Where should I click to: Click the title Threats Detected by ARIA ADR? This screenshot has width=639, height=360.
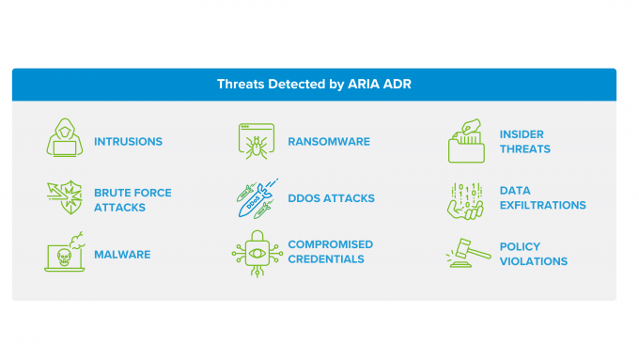coord(314,85)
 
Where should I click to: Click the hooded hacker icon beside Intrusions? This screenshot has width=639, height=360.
coord(64,139)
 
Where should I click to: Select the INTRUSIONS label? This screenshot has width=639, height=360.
coord(128,142)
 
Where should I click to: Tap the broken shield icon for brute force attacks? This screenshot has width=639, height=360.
coord(64,197)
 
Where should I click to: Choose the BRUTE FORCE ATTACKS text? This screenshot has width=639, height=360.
coord(132,199)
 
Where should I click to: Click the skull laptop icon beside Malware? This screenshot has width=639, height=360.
coord(64,253)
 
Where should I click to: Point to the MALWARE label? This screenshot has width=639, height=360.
coord(122,255)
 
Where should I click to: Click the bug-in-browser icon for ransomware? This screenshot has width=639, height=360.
coord(255,140)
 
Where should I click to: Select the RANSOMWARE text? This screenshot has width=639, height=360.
coord(329,142)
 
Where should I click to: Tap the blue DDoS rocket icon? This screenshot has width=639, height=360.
coord(255,197)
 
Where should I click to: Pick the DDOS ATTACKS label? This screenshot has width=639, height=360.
coord(331,198)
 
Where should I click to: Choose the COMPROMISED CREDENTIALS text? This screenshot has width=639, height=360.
coord(330,251)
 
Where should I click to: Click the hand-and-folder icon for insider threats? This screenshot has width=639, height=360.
coord(466,141)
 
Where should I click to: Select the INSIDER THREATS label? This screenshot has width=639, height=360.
coord(524,142)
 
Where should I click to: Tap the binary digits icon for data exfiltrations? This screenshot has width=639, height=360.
coord(466,199)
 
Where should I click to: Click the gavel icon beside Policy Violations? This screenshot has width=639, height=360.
coord(466,253)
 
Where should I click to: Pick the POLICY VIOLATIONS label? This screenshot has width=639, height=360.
coord(533,254)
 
